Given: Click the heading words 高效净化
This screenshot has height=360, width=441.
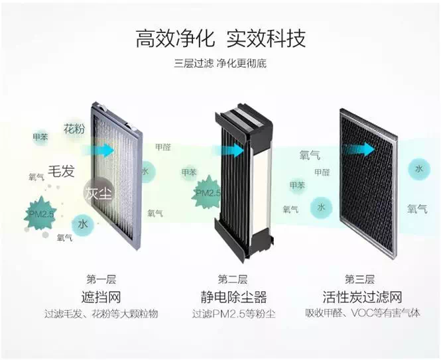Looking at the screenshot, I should click(175, 38).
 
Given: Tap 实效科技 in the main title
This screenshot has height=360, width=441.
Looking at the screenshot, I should click(266, 38).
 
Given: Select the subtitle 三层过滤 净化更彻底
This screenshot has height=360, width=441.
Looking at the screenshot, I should click(221, 65).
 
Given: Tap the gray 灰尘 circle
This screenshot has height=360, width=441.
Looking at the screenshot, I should click(97, 193).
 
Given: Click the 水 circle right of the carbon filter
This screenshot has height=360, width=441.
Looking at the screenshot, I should click(418, 168).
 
